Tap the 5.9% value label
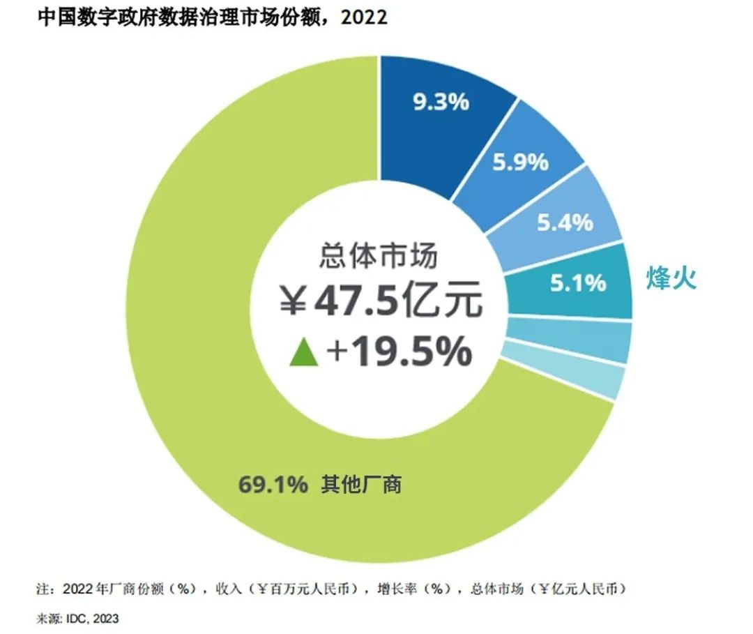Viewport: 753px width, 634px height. click(x=520, y=163)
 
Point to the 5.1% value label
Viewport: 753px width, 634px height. click(x=578, y=283)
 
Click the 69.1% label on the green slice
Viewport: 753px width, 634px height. click(x=273, y=484)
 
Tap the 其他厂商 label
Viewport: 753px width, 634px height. click(x=361, y=484)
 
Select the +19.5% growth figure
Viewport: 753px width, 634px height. click(x=399, y=353)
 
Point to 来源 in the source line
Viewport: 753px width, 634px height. click(x=46, y=618)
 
